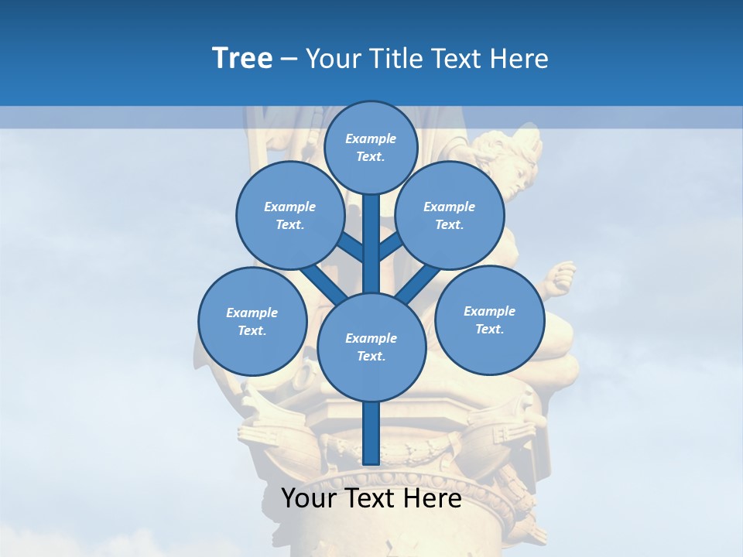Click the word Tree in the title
[x=242, y=59]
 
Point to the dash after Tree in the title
[x=289, y=60]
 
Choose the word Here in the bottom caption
[x=431, y=498]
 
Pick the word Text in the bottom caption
[x=367, y=498]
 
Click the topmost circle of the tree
[x=371, y=147]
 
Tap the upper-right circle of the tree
[x=450, y=215]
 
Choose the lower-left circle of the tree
[x=252, y=321]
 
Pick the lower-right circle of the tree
[x=489, y=320]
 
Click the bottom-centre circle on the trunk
[x=371, y=347]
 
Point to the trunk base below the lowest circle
[x=371, y=433]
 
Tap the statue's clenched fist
[x=561, y=275]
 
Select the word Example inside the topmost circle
[x=371, y=138]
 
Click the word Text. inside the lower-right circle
[x=489, y=329]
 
